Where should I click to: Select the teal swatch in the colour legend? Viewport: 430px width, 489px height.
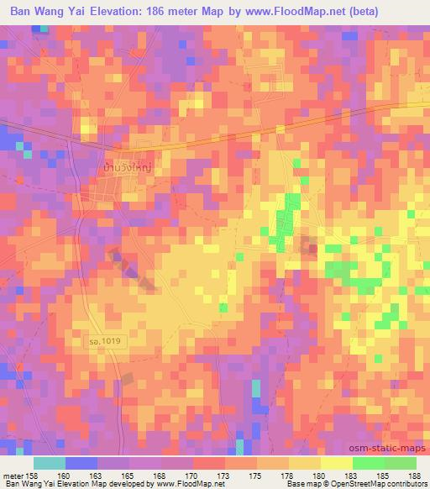point(50,463)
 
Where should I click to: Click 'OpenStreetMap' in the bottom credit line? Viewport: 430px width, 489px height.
point(369,484)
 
